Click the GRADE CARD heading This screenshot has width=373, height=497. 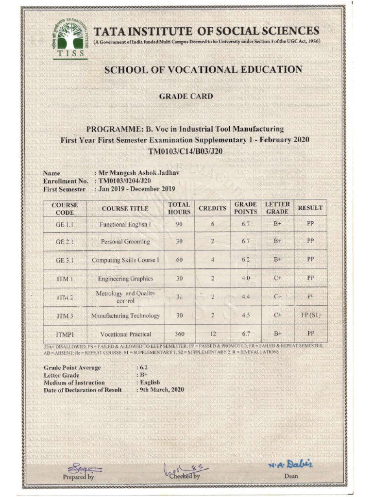coord(186,97)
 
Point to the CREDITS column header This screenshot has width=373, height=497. coord(213,208)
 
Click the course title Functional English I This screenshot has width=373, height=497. coord(125,225)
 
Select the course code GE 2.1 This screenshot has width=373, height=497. coord(64,241)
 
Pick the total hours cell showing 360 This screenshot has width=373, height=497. coord(179,334)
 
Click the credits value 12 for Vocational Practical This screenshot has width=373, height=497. coord(213,334)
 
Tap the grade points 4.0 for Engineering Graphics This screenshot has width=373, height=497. coord(245,278)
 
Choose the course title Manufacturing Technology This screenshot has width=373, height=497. coord(125,315)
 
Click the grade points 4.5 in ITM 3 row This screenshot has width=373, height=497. coord(245,315)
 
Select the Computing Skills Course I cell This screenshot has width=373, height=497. coord(125,260)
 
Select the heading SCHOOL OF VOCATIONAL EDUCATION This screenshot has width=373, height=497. coord(203,70)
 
